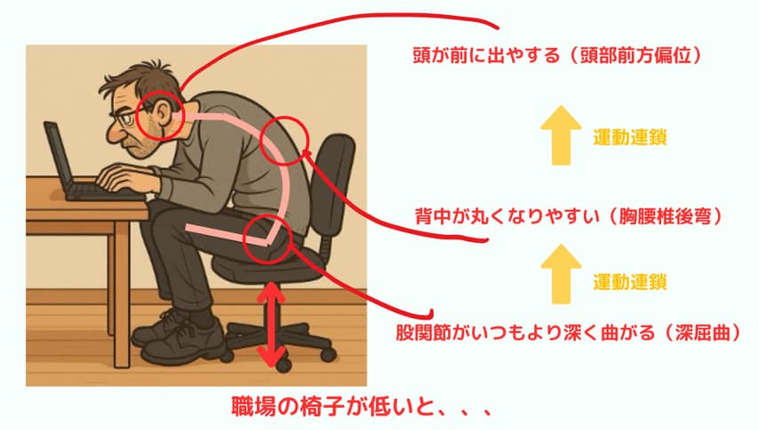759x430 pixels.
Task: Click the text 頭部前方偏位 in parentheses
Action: pyautogui.click(x=636, y=56)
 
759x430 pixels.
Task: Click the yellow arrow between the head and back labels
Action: pyautogui.click(x=561, y=134)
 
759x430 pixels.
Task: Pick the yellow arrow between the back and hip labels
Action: pyautogui.click(x=561, y=274)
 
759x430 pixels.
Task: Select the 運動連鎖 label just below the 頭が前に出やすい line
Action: pyautogui.click(x=630, y=138)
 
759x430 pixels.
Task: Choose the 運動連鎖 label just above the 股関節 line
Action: pyautogui.click(x=630, y=281)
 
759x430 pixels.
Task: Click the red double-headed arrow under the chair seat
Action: pyautogui.click(x=272, y=324)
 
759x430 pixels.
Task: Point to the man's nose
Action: pyautogui.click(x=115, y=134)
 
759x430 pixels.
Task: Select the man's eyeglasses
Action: pyautogui.click(x=126, y=116)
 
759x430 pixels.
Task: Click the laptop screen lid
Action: pyautogui.click(x=58, y=154)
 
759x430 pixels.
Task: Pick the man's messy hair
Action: pyautogui.click(x=139, y=78)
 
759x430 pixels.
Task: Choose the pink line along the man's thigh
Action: pyautogui.click(x=227, y=235)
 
